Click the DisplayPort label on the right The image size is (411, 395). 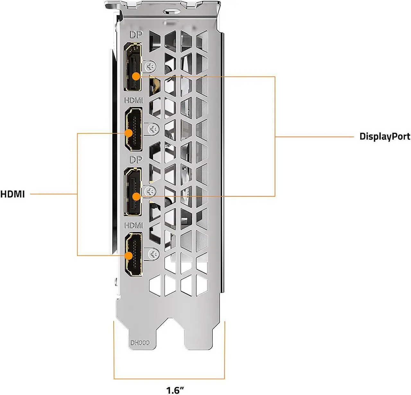(384, 136)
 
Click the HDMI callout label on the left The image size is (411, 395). (13, 194)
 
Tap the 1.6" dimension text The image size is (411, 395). (175, 390)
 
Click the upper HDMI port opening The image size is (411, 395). (134, 130)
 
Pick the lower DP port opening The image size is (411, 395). (133, 191)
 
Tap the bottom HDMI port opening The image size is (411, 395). (134, 254)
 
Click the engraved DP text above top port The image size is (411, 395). (136, 35)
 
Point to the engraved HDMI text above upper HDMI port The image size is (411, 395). (134, 100)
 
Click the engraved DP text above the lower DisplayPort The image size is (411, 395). (136, 159)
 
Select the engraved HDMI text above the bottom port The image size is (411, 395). (134, 225)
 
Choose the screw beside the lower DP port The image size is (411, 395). (150, 192)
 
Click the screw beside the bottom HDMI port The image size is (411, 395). (154, 254)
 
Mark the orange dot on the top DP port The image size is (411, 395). (136, 76)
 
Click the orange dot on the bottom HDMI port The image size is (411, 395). (129, 255)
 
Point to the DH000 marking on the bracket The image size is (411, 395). (140, 343)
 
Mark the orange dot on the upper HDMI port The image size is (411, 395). (129, 133)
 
